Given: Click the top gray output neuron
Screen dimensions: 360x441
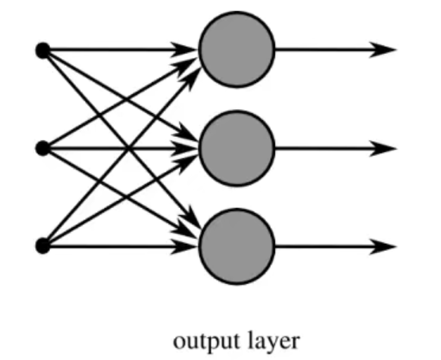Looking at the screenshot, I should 236,50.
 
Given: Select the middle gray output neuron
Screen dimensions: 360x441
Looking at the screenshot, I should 236,148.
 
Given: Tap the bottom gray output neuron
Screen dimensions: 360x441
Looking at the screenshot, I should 236,247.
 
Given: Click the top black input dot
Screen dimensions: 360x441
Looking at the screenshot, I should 43,50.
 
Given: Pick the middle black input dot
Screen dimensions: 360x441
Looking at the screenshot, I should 43,148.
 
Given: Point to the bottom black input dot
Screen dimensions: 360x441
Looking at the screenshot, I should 43,246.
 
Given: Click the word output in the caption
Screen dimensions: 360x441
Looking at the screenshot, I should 201,342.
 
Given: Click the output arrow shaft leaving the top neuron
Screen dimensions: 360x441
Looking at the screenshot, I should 324,50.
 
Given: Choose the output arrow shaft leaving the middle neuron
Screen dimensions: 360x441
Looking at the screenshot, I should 324,148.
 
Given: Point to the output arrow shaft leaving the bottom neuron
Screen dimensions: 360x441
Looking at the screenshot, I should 324,247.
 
